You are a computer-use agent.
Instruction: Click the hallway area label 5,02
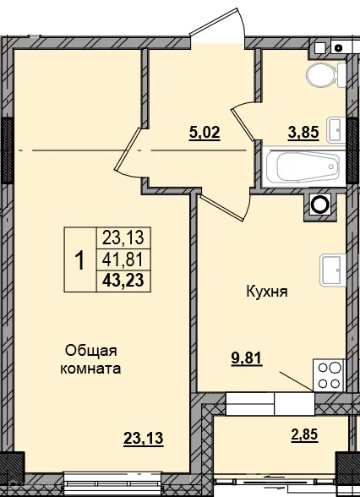pos(204,133)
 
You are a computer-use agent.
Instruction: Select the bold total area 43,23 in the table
pos(123,282)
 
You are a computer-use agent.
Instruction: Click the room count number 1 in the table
pos(80,260)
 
